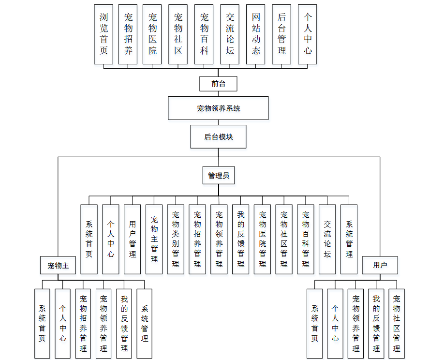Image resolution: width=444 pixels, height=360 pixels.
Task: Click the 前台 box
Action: pos(219,84)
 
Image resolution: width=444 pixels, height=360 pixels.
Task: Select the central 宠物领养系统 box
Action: pos(218,108)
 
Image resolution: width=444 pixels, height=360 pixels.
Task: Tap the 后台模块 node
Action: pos(218,137)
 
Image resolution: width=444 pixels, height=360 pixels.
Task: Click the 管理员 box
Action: pos(218,176)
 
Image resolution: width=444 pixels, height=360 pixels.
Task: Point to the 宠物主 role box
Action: pos(58,265)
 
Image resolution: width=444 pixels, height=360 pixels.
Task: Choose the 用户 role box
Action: pos(380,265)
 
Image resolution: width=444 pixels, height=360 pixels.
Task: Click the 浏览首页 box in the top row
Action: pos(104,34)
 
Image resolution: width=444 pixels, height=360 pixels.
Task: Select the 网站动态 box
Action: pos(256,34)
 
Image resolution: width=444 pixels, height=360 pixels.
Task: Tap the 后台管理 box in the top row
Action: pos(281,34)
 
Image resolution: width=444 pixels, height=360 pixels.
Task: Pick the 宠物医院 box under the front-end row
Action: pos(153,34)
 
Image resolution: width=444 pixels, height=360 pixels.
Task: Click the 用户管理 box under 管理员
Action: pos(132,239)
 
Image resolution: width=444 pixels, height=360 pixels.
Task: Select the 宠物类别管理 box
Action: pos(176,239)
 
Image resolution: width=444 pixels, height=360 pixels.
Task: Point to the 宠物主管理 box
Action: pos(154,239)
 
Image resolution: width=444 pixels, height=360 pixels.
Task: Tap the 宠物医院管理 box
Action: pos(262,239)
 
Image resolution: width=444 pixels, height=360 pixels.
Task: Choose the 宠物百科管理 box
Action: pos(306,239)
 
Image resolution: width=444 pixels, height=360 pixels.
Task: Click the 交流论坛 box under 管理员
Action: pos(327,239)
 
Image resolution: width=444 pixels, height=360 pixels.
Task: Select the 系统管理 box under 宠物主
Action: pos(144,323)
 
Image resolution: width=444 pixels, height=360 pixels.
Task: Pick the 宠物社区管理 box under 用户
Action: pos(397,323)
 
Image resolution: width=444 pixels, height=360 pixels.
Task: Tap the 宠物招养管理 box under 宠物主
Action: pos(83,323)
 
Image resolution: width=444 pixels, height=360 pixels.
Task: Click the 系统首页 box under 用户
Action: pos(315,323)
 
